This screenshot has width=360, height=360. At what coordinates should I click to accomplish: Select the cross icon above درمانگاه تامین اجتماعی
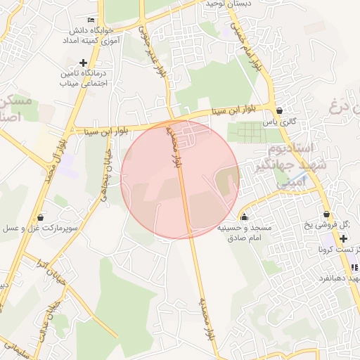(83, 63)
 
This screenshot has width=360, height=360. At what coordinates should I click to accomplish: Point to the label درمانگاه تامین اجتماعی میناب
(84, 78)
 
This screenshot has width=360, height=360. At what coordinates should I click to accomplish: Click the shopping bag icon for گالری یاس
(280, 110)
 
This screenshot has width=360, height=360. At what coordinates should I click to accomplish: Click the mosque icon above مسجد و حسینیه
(244, 217)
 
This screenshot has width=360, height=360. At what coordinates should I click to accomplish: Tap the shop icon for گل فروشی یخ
(326, 214)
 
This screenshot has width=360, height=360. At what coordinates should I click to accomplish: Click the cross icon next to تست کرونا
(344, 239)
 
